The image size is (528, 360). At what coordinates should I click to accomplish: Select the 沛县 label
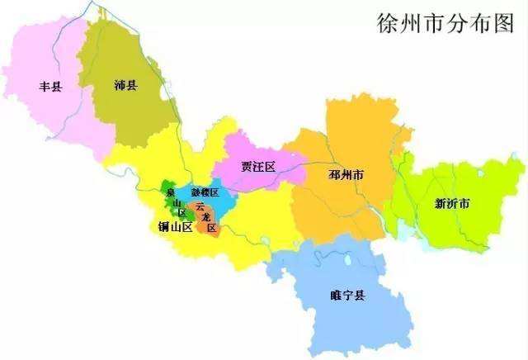[126, 84]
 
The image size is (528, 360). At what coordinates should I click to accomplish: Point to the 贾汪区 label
[258, 166]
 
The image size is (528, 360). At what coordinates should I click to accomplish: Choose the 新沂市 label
[453, 203]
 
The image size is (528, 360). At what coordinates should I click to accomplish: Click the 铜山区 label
[175, 226]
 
